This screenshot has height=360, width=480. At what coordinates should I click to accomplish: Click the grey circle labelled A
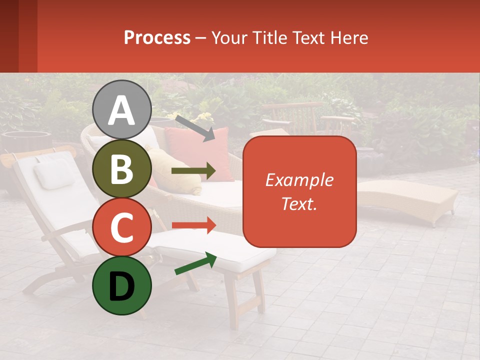(122, 110)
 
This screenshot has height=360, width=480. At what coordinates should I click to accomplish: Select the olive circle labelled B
(122, 169)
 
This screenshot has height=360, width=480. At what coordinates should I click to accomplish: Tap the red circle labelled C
(122, 227)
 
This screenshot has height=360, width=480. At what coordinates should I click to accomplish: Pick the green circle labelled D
(122, 285)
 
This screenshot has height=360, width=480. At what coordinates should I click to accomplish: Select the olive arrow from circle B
(193, 171)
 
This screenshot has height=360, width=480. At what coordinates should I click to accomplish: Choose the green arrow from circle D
(195, 264)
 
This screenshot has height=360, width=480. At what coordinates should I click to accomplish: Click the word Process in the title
(157, 37)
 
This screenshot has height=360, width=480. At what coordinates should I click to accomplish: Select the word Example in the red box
(299, 180)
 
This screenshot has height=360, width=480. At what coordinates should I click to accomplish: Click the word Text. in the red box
(299, 203)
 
